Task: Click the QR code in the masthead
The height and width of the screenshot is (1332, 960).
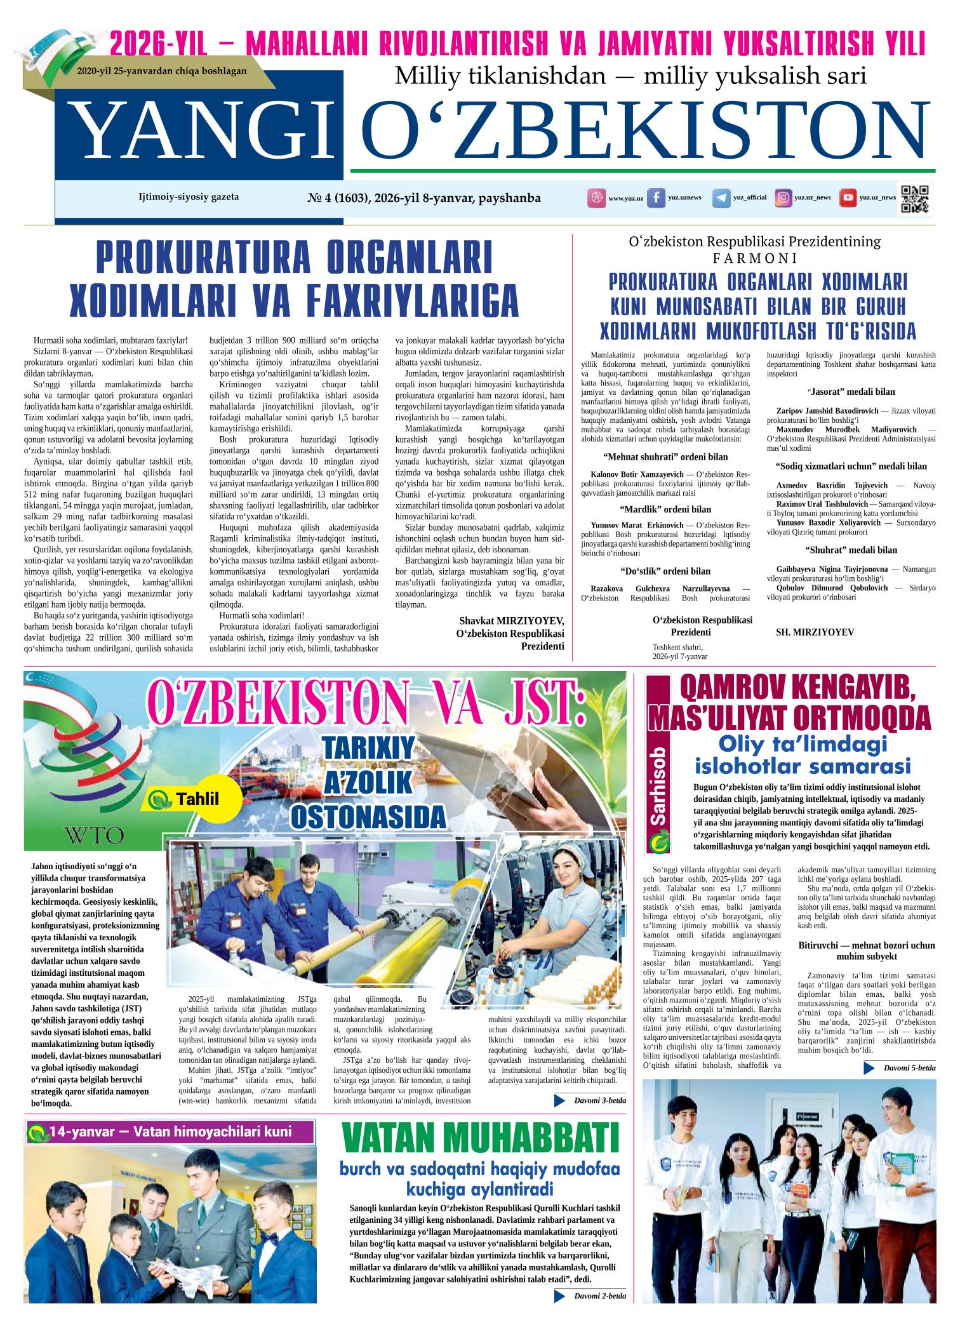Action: (x=916, y=198)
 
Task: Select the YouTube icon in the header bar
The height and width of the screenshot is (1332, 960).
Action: (x=847, y=198)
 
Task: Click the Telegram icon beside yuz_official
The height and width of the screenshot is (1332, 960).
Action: (x=721, y=198)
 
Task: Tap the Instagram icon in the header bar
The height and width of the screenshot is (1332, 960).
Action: (x=784, y=198)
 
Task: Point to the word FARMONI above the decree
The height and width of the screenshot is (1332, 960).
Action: (x=754, y=259)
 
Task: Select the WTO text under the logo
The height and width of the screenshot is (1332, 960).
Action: (x=94, y=834)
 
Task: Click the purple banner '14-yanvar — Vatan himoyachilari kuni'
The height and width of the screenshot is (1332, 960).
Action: (x=170, y=1131)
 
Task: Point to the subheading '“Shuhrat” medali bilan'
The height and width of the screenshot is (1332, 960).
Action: (x=851, y=550)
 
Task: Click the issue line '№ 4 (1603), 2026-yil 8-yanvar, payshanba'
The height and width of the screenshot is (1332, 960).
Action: (x=424, y=198)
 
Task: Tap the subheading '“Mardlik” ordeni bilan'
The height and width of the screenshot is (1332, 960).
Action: (x=665, y=509)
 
